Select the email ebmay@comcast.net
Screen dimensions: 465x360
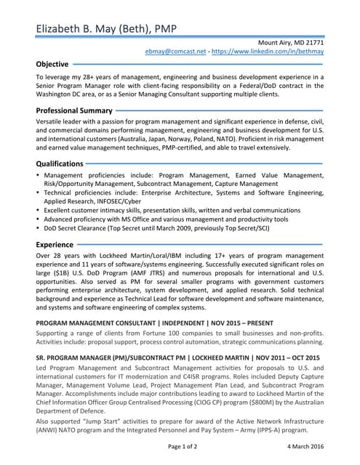tap(175, 53)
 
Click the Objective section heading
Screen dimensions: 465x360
tap(53, 64)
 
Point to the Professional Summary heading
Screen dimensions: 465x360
tap(74, 110)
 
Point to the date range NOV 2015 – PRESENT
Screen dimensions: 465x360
tap(244, 323)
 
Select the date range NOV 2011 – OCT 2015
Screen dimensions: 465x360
tap(279, 357)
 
